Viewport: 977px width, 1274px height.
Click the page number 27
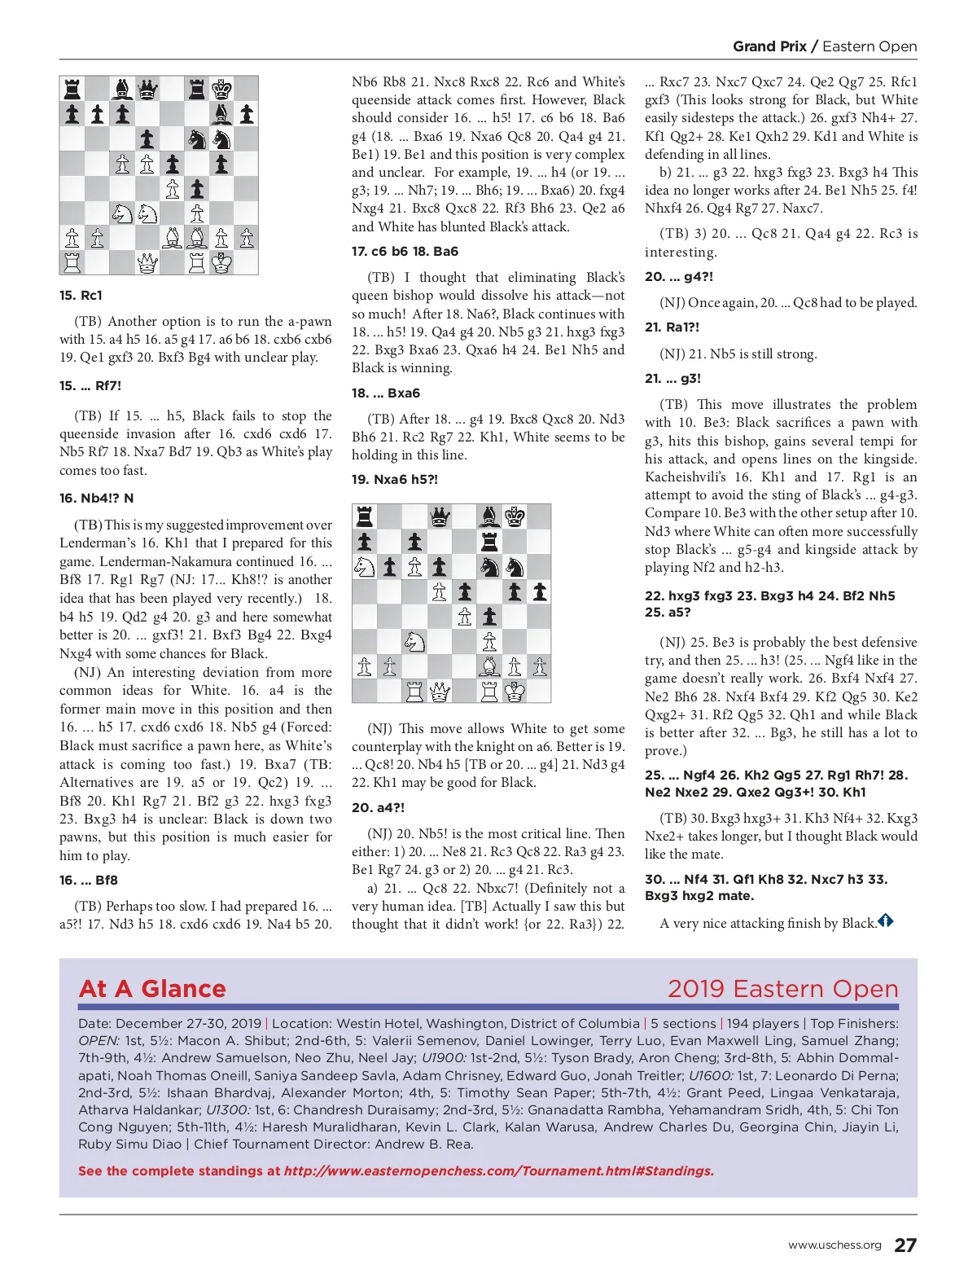pyautogui.click(x=905, y=1245)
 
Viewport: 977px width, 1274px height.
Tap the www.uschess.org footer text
pyautogui.click(x=835, y=1245)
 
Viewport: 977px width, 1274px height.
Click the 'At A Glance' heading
pyautogui.click(x=152, y=989)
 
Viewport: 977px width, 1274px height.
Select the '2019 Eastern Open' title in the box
pyautogui.click(x=782, y=989)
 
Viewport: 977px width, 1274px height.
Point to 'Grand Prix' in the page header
pyautogui.click(x=769, y=46)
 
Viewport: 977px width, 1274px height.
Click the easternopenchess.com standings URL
pyautogui.click(x=498, y=1171)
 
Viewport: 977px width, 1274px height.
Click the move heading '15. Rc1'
pyautogui.click(x=81, y=295)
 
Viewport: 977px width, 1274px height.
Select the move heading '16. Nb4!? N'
pyautogui.click(x=97, y=498)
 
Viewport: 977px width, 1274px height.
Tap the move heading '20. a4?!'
pyautogui.click(x=378, y=807)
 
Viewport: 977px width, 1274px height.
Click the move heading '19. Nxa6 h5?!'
pyautogui.click(x=395, y=479)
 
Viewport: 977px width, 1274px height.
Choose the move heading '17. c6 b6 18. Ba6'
pyautogui.click(x=405, y=251)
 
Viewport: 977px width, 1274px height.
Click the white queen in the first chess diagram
pyautogui.click(x=147, y=262)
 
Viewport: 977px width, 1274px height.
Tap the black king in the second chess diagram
pyautogui.click(x=515, y=516)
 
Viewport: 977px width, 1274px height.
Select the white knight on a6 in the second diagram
pyautogui.click(x=365, y=567)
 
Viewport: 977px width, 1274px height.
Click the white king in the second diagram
pyautogui.click(x=515, y=692)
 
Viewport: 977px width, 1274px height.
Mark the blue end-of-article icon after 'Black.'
pyautogui.click(x=886, y=921)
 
